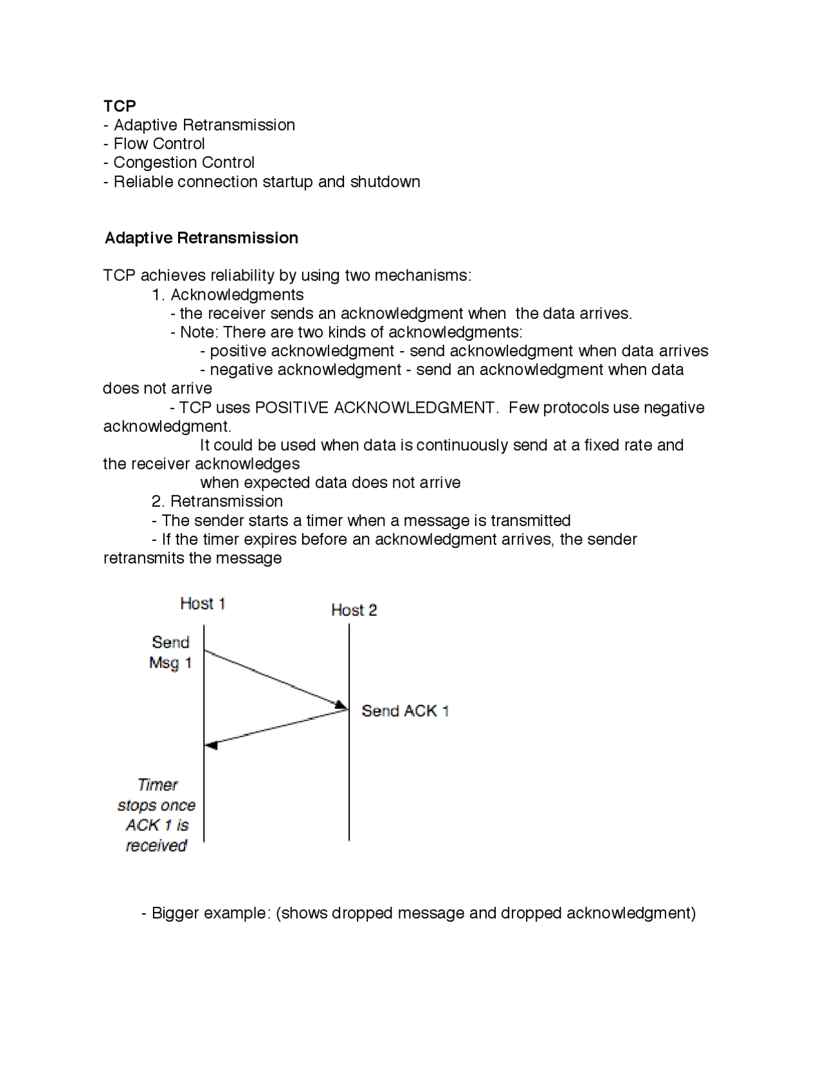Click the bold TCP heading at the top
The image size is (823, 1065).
click(x=120, y=106)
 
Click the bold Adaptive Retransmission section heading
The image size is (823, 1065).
click(x=201, y=238)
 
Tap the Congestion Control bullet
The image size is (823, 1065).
click(x=179, y=163)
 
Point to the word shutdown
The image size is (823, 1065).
click(x=385, y=181)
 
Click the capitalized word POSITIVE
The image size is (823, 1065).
click(x=292, y=408)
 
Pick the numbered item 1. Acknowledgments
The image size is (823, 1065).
click(x=228, y=295)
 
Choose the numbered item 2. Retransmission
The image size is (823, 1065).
click(x=217, y=502)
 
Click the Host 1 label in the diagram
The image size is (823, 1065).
click(x=203, y=603)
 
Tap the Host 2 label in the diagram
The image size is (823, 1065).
click(x=354, y=610)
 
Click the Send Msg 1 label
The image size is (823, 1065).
click(x=170, y=652)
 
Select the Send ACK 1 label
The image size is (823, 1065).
click(x=405, y=711)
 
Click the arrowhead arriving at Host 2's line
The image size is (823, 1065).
click(x=341, y=705)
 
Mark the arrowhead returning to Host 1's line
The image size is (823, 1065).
click(x=212, y=745)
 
